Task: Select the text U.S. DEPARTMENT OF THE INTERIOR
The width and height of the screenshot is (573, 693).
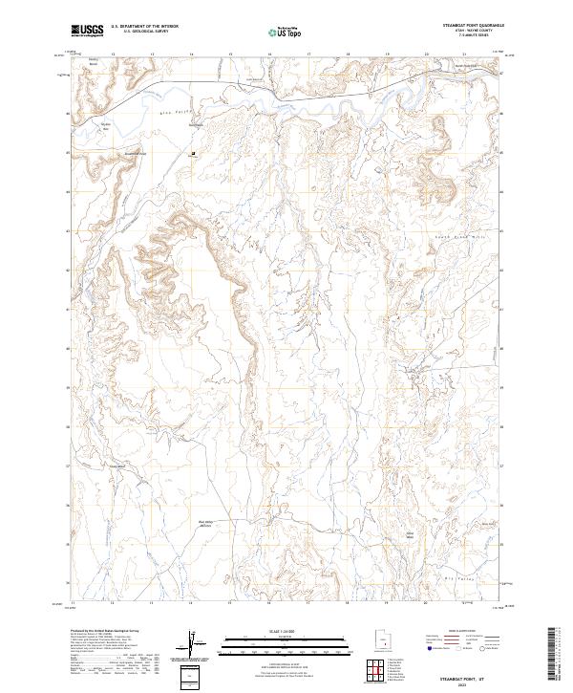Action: [x=144, y=26]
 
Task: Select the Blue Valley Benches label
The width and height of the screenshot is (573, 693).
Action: [x=205, y=523]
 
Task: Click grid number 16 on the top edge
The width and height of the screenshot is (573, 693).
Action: [x=270, y=54]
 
